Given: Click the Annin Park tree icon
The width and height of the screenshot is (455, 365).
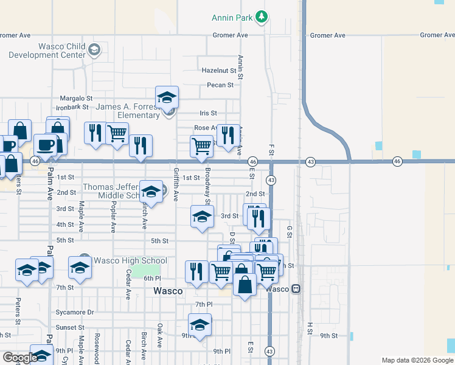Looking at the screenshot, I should click(x=262, y=16).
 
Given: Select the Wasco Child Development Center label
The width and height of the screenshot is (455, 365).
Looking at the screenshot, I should click(x=46, y=50).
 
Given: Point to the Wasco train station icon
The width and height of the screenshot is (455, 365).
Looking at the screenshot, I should click(x=296, y=289).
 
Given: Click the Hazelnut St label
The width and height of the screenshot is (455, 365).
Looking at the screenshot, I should click(x=218, y=71).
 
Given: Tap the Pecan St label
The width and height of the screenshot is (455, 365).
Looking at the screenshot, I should click(x=220, y=85).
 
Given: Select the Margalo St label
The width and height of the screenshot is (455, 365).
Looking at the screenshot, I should click(x=76, y=98).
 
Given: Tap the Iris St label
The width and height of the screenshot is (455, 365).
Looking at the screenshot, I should click(x=208, y=113).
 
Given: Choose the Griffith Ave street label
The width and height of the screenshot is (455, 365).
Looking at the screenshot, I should click(x=176, y=184).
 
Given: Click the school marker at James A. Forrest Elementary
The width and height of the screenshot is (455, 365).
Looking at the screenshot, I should click(x=167, y=97).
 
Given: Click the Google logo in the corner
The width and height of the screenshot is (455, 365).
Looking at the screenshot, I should click(x=20, y=358).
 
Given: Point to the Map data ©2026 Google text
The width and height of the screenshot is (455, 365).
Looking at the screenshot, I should click(x=417, y=360).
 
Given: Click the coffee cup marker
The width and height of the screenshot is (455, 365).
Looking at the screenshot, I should click(x=45, y=145).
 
